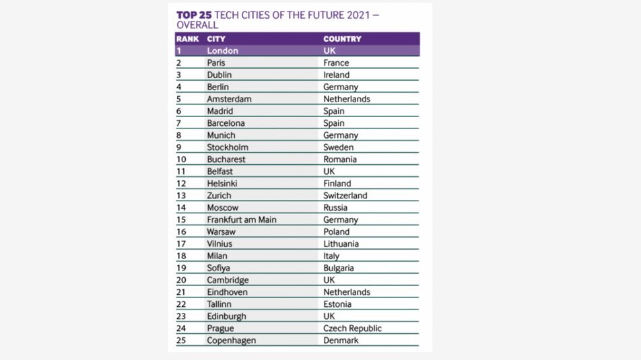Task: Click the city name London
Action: coord(222,50)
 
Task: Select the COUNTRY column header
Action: coord(342,39)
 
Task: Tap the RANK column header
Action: coord(187,39)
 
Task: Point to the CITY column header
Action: coord(216,39)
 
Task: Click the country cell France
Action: coord(336,63)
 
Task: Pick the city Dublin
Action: coord(219,75)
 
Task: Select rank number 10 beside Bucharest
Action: coord(181,159)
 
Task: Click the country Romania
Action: coord(340,159)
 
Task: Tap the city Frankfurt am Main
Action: coord(242,219)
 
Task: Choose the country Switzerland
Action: coord(345,195)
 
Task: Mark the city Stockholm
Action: coord(228,147)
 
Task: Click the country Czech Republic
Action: coord(352,328)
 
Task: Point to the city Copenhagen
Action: coord(232,340)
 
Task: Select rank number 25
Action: coord(181,340)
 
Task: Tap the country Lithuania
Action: coord(341,244)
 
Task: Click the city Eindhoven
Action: coord(227,292)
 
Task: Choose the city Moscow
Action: coord(223,207)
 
